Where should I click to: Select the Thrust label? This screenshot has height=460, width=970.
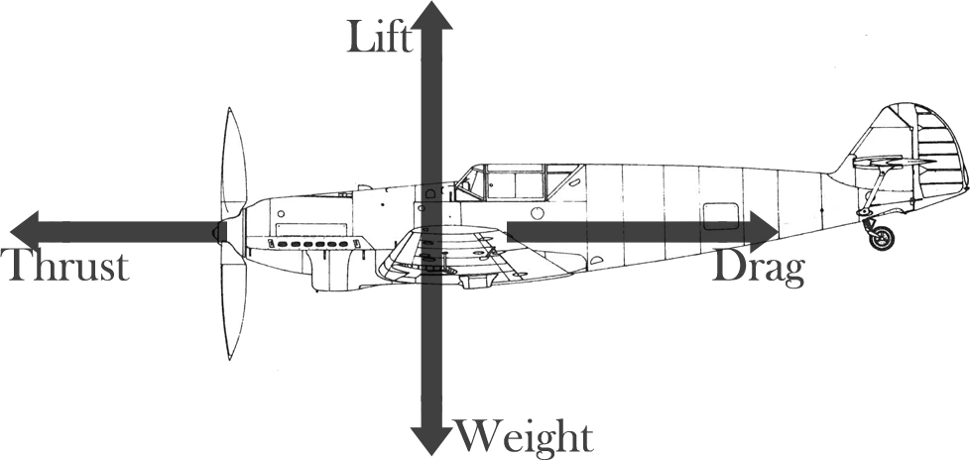(66, 267)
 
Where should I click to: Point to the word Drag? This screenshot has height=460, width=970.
(758, 269)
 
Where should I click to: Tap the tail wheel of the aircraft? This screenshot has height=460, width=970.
(880, 238)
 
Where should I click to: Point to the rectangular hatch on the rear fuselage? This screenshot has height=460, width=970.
(720, 215)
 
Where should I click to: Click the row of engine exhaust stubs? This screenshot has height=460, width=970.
(311, 242)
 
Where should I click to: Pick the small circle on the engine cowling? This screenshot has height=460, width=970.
(281, 212)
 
